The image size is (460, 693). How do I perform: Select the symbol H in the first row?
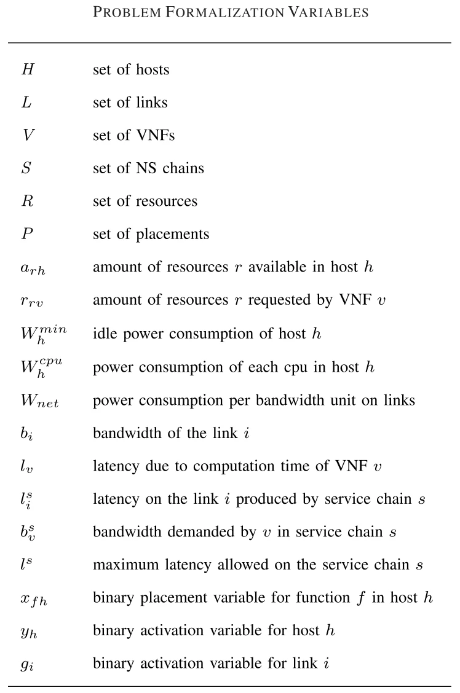28,69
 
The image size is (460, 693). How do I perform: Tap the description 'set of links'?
130,103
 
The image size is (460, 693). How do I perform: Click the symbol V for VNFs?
28,135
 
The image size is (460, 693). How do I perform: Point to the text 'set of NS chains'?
148,168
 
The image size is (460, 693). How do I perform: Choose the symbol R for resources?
28,202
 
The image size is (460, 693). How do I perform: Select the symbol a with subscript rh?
33,268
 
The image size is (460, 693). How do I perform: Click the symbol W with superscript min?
42,334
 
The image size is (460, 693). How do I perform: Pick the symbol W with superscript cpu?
42,367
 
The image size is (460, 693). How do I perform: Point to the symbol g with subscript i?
27,665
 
